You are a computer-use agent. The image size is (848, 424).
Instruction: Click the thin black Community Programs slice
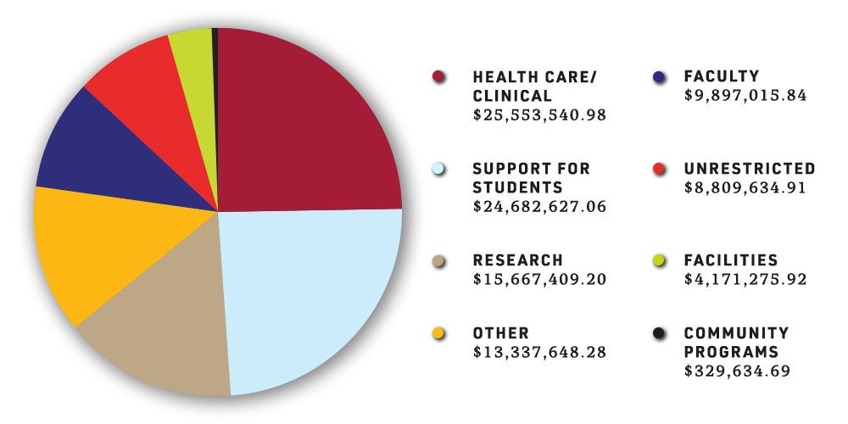pos(215,51)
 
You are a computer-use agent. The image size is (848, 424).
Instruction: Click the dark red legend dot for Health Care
pos(438,77)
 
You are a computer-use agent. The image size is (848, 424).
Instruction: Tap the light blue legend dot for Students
pos(438,169)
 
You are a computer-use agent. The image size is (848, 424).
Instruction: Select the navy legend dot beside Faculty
pos(652,77)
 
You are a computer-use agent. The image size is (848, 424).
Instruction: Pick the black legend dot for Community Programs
pos(652,333)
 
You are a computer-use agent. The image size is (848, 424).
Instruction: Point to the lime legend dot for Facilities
pos(652,260)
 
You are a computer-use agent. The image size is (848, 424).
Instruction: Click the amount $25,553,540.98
pos(539,114)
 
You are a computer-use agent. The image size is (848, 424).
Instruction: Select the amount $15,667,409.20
pos(539,278)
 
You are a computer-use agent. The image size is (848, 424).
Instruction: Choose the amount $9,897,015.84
pos(745,95)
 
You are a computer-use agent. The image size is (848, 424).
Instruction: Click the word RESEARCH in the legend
pos(517,260)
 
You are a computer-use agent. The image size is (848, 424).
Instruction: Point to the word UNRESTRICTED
pos(749,169)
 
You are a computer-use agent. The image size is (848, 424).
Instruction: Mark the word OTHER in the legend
pos(500,333)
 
